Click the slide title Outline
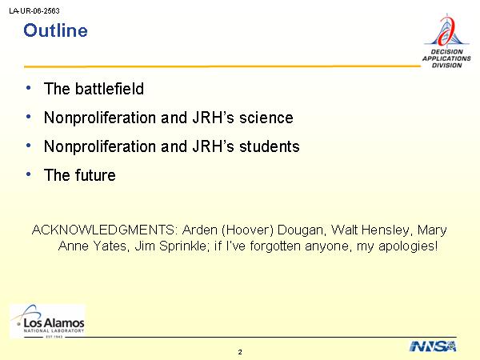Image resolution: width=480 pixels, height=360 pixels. [x=55, y=30]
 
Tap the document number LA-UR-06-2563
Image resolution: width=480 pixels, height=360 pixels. [x=34, y=11]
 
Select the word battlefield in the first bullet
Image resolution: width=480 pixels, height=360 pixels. [x=110, y=89]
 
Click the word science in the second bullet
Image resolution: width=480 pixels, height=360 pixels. [x=266, y=118]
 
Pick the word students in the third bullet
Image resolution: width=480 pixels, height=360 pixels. [x=270, y=146]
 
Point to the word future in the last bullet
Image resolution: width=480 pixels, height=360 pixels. [x=95, y=175]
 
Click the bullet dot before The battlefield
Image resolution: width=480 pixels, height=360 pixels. [x=29, y=88]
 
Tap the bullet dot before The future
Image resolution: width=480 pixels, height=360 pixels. [x=29, y=174]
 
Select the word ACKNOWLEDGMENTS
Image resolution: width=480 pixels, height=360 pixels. [x=104, y=230]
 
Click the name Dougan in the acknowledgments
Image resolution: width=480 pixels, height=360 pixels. [x=300, y=230]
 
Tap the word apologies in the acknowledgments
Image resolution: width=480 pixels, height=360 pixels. [x=408, y=246]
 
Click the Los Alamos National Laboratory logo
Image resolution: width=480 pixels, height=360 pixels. [x=48, y=321]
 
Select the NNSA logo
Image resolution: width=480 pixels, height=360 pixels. [x=433, y=346]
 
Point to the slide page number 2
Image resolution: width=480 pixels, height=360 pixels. [x=240, y=352]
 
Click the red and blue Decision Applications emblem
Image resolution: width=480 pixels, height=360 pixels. [x=446, y=30]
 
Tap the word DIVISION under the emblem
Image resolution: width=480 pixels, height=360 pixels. [x=446, y=66]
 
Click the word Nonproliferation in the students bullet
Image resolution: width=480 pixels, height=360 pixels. [x=100, y=146]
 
